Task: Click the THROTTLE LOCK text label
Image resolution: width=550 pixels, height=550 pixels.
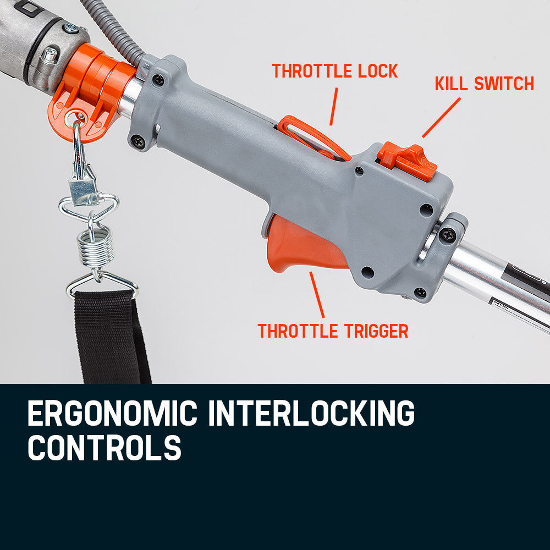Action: click(334, 71)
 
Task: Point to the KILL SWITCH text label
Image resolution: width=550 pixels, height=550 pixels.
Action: click(484, 84)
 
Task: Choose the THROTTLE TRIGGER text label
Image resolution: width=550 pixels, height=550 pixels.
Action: click(333, 331)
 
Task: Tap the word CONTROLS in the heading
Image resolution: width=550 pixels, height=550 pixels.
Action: click(105, 448)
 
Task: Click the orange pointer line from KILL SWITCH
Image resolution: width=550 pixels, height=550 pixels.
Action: click(441, 118)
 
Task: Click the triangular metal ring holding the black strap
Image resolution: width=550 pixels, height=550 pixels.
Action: click(102, 283)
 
